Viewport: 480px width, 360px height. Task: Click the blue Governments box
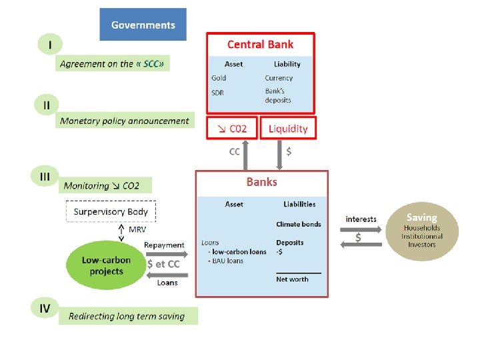click(143, 25)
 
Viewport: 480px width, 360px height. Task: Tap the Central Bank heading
click(260, 45)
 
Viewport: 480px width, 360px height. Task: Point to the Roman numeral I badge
click(49, 45)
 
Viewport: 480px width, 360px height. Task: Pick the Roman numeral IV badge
click(45, 308)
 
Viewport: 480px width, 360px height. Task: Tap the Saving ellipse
click(421, 231)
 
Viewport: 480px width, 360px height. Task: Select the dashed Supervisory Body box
click(111, 212)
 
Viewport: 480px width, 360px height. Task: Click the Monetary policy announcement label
click(125, 121)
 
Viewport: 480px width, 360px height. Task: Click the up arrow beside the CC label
click(246, 154)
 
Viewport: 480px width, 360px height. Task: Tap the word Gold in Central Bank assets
click(218, 78)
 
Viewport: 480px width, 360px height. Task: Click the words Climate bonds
click(298, 224)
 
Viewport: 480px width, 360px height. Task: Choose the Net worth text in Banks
click(292, 279)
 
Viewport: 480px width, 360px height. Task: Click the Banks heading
click(261, 181)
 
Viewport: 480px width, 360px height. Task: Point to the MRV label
click(137, 229)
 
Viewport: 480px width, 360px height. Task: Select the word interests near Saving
click(361, 219)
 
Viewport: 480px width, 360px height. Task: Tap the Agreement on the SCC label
click(111, 64)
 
